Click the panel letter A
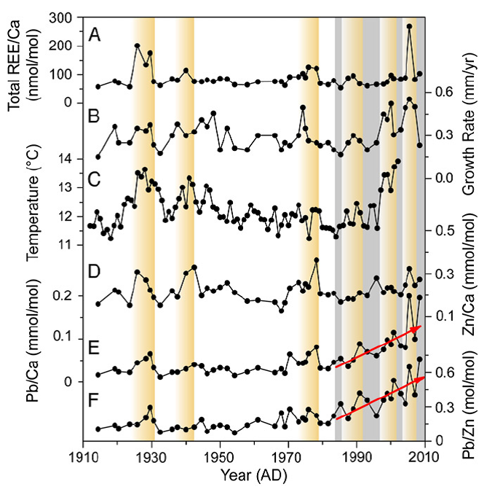[x=94, y=34]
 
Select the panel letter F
[x=94, y=398]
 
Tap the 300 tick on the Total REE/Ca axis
[x=66, y=17]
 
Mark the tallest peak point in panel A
[x=410, y=26]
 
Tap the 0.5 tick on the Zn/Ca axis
[x=446, y=231]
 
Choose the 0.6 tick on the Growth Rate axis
[x=446, y=92]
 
